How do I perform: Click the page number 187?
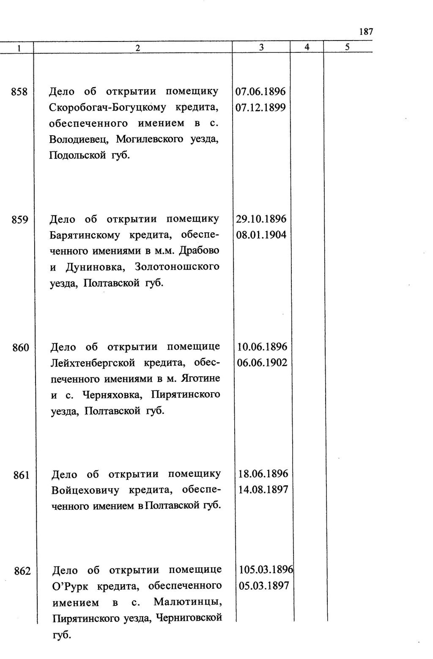pos(366,32)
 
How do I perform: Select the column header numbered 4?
pos(307,47)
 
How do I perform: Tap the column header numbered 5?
pos(347,47)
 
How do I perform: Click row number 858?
pos(19,92)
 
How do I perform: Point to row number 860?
pos(20,347)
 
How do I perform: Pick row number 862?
pos(22,571)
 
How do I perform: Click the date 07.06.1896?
pos(260,92)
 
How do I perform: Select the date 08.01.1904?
pos(261,235)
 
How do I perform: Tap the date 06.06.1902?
pos(262,363)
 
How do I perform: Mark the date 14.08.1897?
pos(263,490)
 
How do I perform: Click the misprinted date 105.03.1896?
pos(266,570)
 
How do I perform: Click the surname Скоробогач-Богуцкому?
pos(107,108)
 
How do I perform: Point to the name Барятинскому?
pos(85,235)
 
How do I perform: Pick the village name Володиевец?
pos(79,139)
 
